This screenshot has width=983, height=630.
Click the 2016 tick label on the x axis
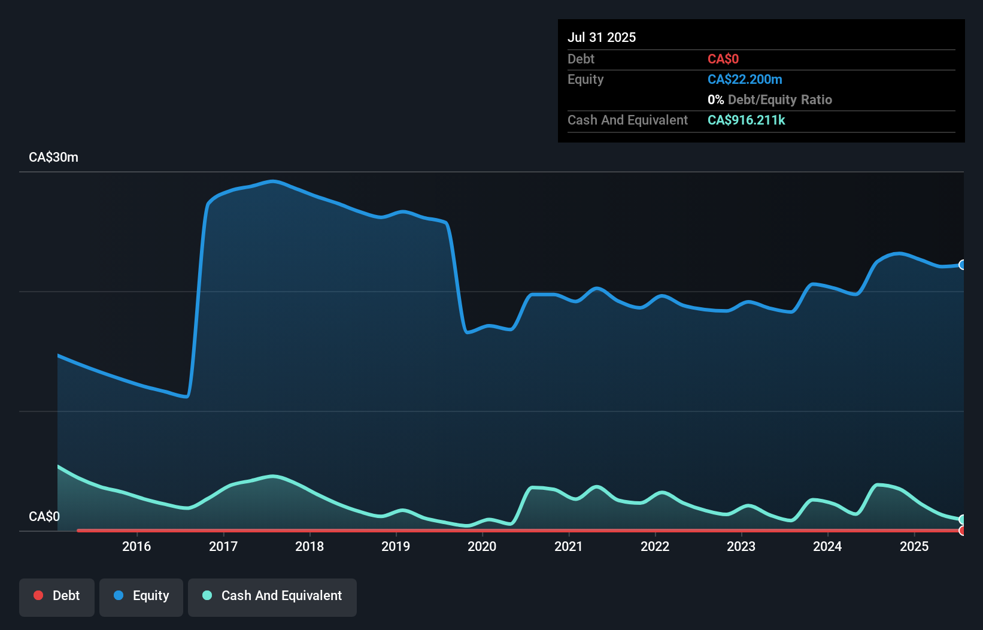[x=136, y=546]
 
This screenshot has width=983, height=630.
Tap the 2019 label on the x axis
[x=396, y=546]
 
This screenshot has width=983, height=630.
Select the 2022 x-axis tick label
[x=655, y=546]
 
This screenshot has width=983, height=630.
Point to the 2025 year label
[x=914, y=546]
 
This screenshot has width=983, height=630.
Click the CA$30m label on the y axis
[x=53, y=157]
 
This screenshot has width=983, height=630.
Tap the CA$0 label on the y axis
[x=44, y=516]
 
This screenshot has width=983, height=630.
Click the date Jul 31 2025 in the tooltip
[x=602, y=37]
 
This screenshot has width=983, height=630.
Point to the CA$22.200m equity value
[x=745, y=80]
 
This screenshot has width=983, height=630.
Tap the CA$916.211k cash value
[x=746, y=120]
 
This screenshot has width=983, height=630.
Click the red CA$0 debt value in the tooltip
[x=723, y=59]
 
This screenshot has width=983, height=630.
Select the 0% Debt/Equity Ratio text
[x=770, y=100]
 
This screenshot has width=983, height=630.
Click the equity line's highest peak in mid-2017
[x=273, y=181]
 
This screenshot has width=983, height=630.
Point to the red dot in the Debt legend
[x=38, y=595]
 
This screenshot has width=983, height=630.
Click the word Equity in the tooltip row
[x=585, y=80]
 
